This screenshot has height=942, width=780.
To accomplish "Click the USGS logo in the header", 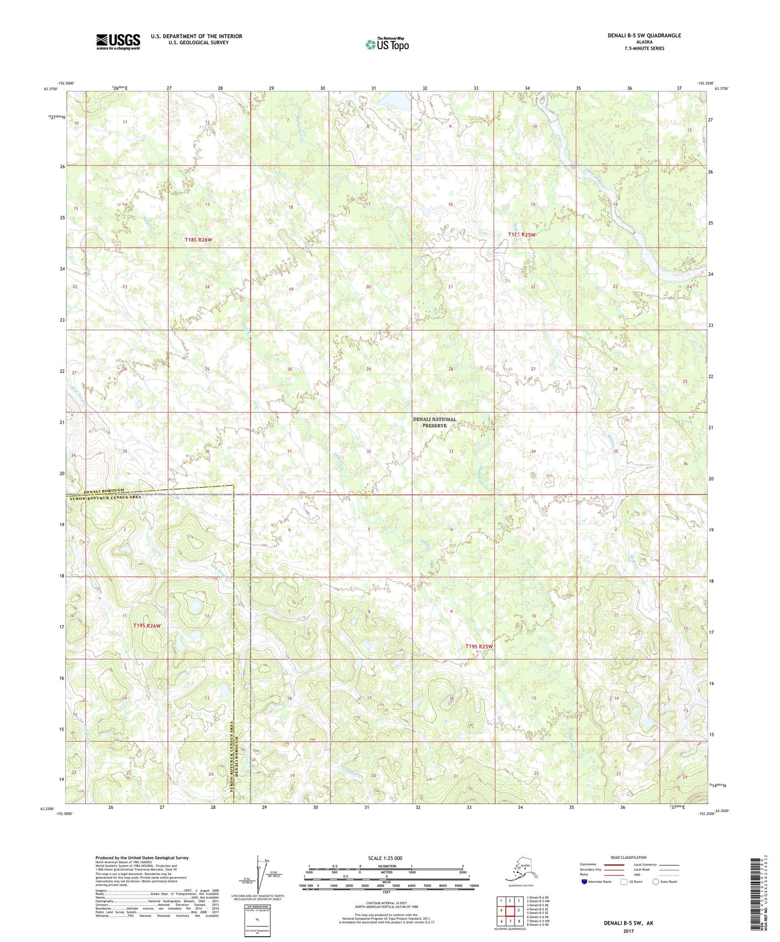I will click(x=118, y=41).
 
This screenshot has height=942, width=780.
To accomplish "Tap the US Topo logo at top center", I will click(x=386, y=44).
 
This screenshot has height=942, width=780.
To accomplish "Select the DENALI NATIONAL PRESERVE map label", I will click(x=435, y=422).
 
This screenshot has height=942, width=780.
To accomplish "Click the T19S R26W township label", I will click(x=147, y=626).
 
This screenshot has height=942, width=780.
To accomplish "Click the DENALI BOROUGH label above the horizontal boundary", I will click(x=96, y=490).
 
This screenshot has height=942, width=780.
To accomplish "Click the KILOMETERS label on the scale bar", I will click(x=386, y=866).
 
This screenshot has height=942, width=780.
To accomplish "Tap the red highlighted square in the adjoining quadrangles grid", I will click(x=510, y=911).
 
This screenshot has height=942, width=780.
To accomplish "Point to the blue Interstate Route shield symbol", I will click(x=585, y=882).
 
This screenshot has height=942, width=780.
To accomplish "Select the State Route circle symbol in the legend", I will click(x=655, y=882).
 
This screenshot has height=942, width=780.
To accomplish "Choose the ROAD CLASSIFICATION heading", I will click(x=628, y=857).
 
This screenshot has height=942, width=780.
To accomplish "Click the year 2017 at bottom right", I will click(x=628, y=931).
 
